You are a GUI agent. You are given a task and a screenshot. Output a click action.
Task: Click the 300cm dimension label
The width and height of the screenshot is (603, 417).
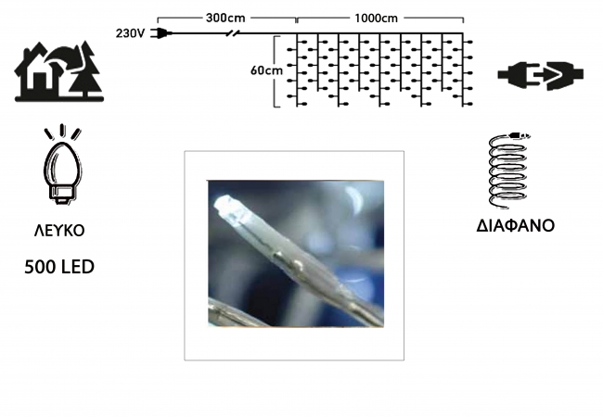click(225, 18)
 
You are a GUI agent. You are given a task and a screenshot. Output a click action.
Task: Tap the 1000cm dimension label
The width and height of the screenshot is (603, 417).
click(376, 19)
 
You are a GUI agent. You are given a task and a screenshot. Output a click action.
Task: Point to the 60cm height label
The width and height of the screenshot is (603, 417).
click(266, 70)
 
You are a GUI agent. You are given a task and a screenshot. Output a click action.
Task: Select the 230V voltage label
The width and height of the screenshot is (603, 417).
click(130, 33)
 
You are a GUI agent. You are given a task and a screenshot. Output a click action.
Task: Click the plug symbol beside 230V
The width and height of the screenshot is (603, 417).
click(161, 33)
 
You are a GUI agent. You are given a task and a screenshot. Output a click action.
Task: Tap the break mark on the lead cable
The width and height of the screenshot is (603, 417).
click(232, 33)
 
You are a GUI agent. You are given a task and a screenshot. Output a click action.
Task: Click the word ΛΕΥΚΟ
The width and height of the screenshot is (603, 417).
click(59, 231)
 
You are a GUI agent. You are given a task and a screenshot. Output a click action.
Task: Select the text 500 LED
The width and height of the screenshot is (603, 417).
click(59, 267)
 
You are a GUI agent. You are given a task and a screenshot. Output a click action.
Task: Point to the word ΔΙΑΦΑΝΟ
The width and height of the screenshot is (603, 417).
click(515, 226)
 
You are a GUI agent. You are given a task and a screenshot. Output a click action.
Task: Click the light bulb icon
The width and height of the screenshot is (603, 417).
click(63, 166)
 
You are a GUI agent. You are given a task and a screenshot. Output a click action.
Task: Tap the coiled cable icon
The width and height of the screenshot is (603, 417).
click(508, 171)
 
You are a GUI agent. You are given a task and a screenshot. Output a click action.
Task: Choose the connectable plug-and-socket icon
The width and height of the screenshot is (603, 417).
click(540, 75)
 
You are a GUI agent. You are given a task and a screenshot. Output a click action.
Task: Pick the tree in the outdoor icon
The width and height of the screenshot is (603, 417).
click(85, 69)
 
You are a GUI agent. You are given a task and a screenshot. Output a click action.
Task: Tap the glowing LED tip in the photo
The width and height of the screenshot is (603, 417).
click(227, 208)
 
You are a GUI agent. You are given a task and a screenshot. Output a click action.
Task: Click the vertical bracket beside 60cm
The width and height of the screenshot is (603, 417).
click(276, 71)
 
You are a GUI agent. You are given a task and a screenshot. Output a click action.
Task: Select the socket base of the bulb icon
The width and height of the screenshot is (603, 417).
click(61, 195)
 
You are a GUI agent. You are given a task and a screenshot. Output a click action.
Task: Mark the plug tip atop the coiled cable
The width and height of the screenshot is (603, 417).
click(520, 135)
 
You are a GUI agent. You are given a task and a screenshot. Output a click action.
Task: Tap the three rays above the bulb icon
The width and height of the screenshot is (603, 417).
click(62, 133)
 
